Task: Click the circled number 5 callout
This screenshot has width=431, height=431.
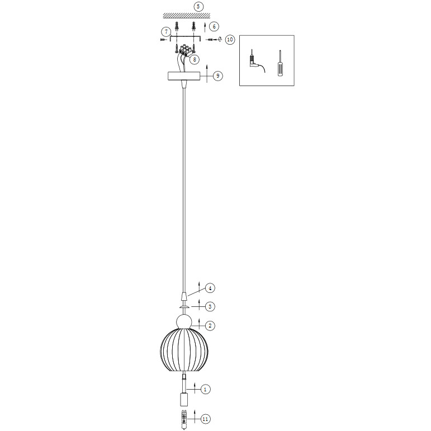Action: click(198, 7)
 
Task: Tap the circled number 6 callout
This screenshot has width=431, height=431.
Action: click(214, 26)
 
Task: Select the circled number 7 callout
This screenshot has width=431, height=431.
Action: click(166, 32)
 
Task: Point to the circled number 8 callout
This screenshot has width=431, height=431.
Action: click(195, 59)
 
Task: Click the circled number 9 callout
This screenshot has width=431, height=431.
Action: click(218, 75)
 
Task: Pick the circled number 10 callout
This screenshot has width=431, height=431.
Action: click(230, 40)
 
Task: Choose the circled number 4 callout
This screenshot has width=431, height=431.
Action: click(210, 288)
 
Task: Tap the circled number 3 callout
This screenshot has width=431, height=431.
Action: click(210, 306)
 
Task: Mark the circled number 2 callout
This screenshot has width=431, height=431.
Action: click(210, 326)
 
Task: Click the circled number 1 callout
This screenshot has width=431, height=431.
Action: click(205, 389)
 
